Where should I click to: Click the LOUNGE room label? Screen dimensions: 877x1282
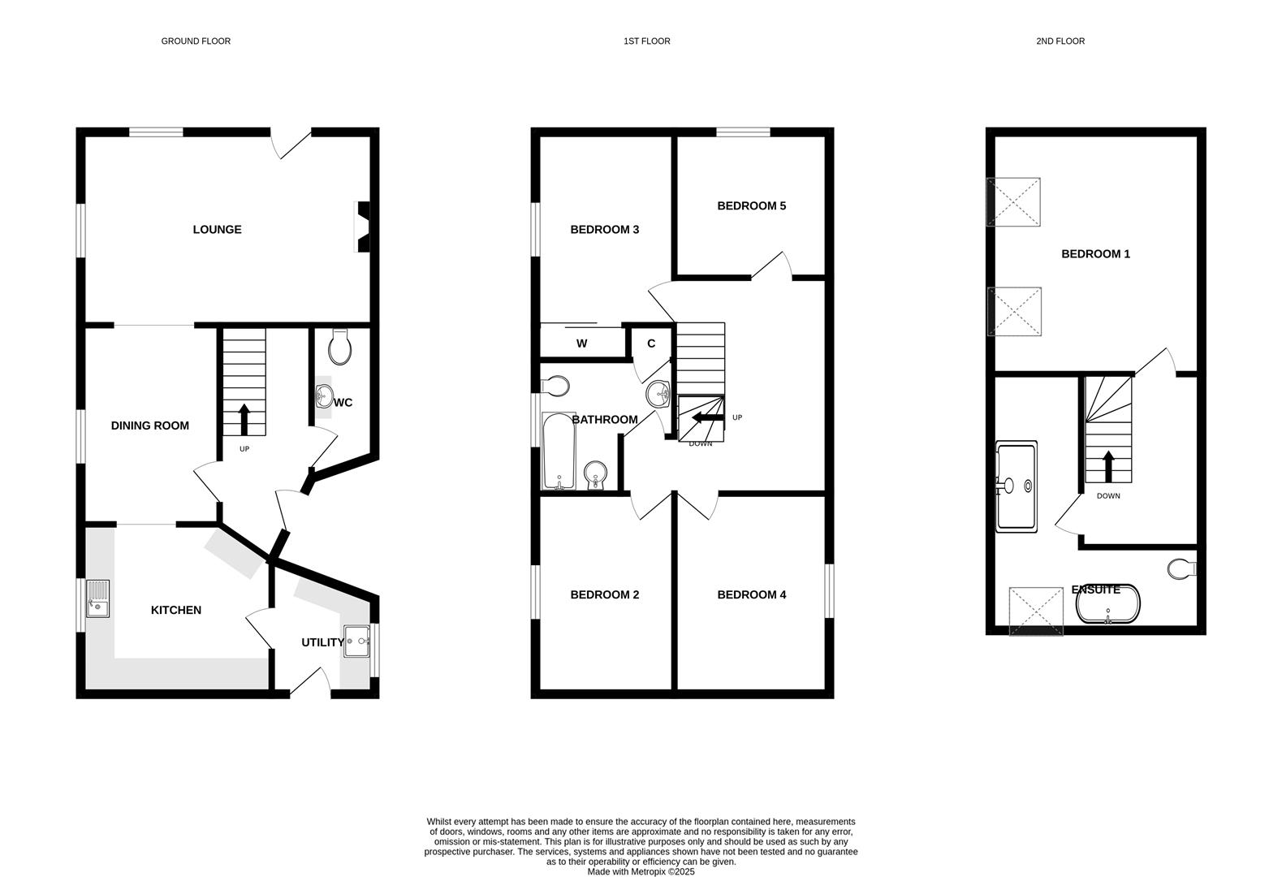[x=217, y=230]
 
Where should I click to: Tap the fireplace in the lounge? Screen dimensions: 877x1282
[x=362, y=227]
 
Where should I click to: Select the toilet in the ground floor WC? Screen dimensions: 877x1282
[x=340, y=348]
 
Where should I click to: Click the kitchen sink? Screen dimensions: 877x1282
[x=98, y=599]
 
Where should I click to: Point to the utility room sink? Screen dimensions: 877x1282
[x=356, y=642]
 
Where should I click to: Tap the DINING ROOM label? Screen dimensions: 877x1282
[x=149, y=426]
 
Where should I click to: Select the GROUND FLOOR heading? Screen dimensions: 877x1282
[x=196, y=41]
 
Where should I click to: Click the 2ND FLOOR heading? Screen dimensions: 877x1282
[x=1060, y=41]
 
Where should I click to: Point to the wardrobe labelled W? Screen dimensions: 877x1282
[x=581, y=343]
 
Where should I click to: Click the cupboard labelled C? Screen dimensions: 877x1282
[x=651, y=343]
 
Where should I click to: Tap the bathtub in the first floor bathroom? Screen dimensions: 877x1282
[x=559, y=451]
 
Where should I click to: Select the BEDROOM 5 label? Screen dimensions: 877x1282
[x=751, y=206]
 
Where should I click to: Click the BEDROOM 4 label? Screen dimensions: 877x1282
[x=751, y=595]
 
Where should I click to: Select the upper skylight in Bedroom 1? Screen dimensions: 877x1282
[x=1013, y=202]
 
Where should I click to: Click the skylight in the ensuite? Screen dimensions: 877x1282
[x=1035, y=611]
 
